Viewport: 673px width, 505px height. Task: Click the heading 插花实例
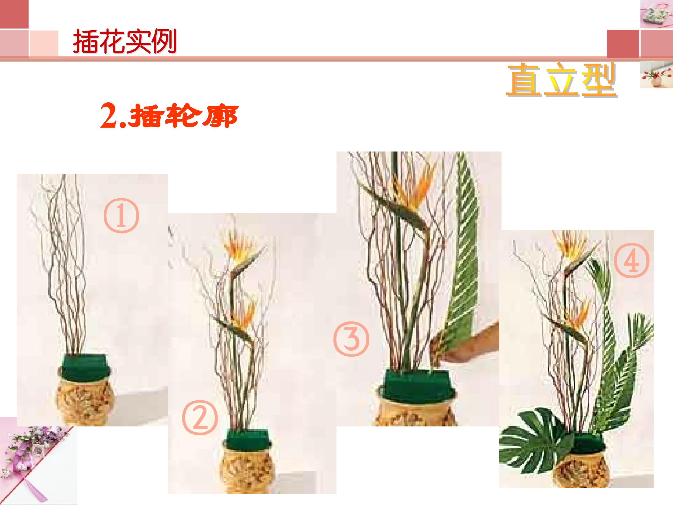click(125, 41)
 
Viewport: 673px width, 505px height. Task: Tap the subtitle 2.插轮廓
click(169, 116)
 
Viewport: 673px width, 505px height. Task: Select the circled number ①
click(121, 216)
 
